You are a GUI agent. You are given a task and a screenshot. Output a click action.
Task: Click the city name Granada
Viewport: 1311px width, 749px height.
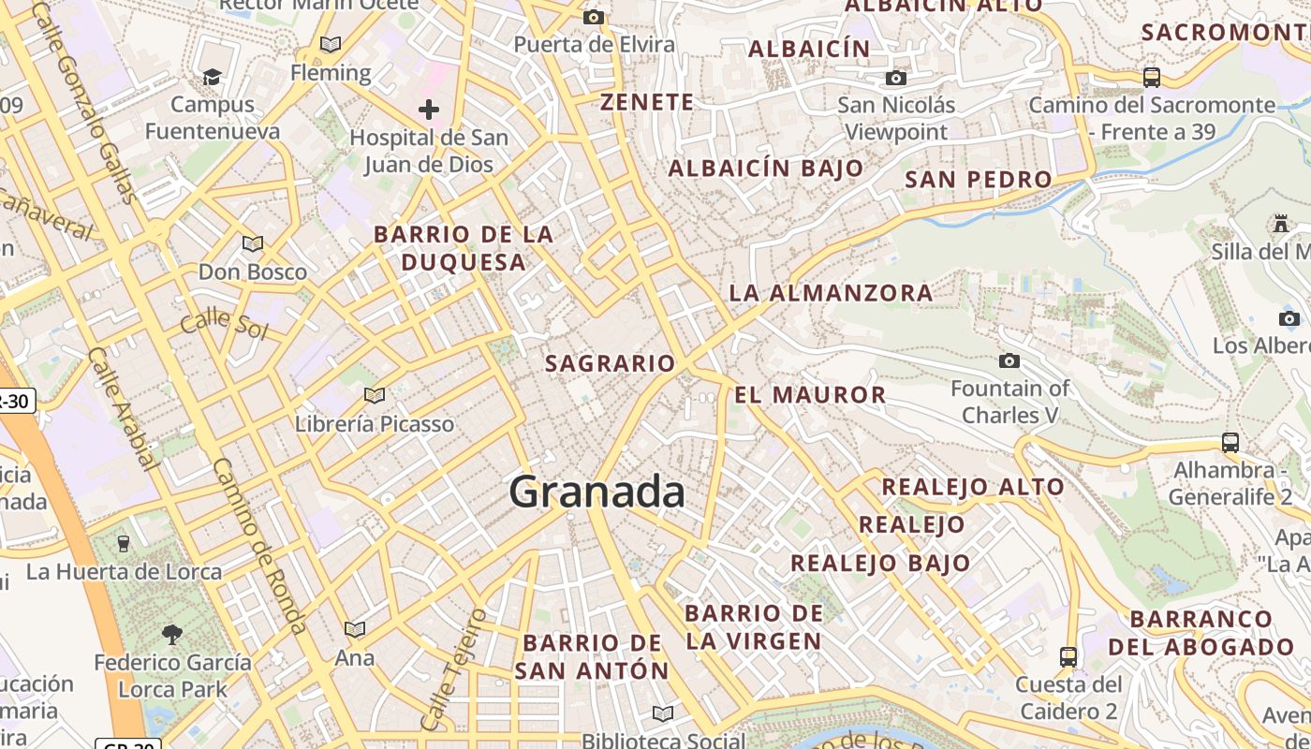click(597, 492)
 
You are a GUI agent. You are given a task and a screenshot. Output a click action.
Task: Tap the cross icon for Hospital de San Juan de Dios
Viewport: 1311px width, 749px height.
click(429, 110)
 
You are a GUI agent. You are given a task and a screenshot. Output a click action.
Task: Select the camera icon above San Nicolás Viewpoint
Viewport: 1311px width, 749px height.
click(896, 78)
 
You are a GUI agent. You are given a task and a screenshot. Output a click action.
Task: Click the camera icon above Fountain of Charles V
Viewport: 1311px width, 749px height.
click(1009, 360)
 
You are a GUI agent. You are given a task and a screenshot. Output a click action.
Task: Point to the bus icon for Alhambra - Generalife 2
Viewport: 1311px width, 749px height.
click(1230, 442)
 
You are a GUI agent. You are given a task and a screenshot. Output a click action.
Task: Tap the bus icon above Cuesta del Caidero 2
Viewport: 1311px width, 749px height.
click(1068, 656)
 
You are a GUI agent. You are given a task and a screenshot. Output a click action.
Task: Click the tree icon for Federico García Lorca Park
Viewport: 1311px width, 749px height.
click(171, 635)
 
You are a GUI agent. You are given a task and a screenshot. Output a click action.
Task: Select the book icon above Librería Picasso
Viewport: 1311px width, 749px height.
click(375, 396)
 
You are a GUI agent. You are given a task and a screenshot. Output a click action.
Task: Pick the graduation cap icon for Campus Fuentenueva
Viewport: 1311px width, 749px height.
click(213, 77)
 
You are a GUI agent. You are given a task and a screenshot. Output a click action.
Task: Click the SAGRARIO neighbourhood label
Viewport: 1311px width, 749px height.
click(610, 363)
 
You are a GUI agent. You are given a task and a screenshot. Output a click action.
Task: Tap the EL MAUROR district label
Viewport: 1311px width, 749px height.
click(810, 395)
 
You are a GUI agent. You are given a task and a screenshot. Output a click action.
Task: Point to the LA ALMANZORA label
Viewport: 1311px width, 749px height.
click(831, 293)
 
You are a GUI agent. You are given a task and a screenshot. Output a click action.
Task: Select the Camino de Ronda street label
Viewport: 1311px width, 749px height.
click(259, 545)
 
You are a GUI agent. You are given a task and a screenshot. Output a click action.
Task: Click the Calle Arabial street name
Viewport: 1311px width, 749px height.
click(122, 406)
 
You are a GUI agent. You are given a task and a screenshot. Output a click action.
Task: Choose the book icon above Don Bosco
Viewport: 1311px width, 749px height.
click(253, 244)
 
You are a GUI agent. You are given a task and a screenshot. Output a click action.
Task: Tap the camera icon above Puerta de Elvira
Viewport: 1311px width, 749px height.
click(593, 17)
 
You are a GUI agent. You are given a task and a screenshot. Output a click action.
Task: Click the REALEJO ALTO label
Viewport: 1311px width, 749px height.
click(973, 487)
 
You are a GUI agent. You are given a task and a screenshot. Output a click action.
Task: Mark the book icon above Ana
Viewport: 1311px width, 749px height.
click(355, 629)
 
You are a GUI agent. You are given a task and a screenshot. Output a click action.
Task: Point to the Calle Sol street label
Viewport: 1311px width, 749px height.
click(225, 324)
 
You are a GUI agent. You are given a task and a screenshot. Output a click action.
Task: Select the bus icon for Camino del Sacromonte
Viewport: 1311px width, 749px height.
click(1152, 78)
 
